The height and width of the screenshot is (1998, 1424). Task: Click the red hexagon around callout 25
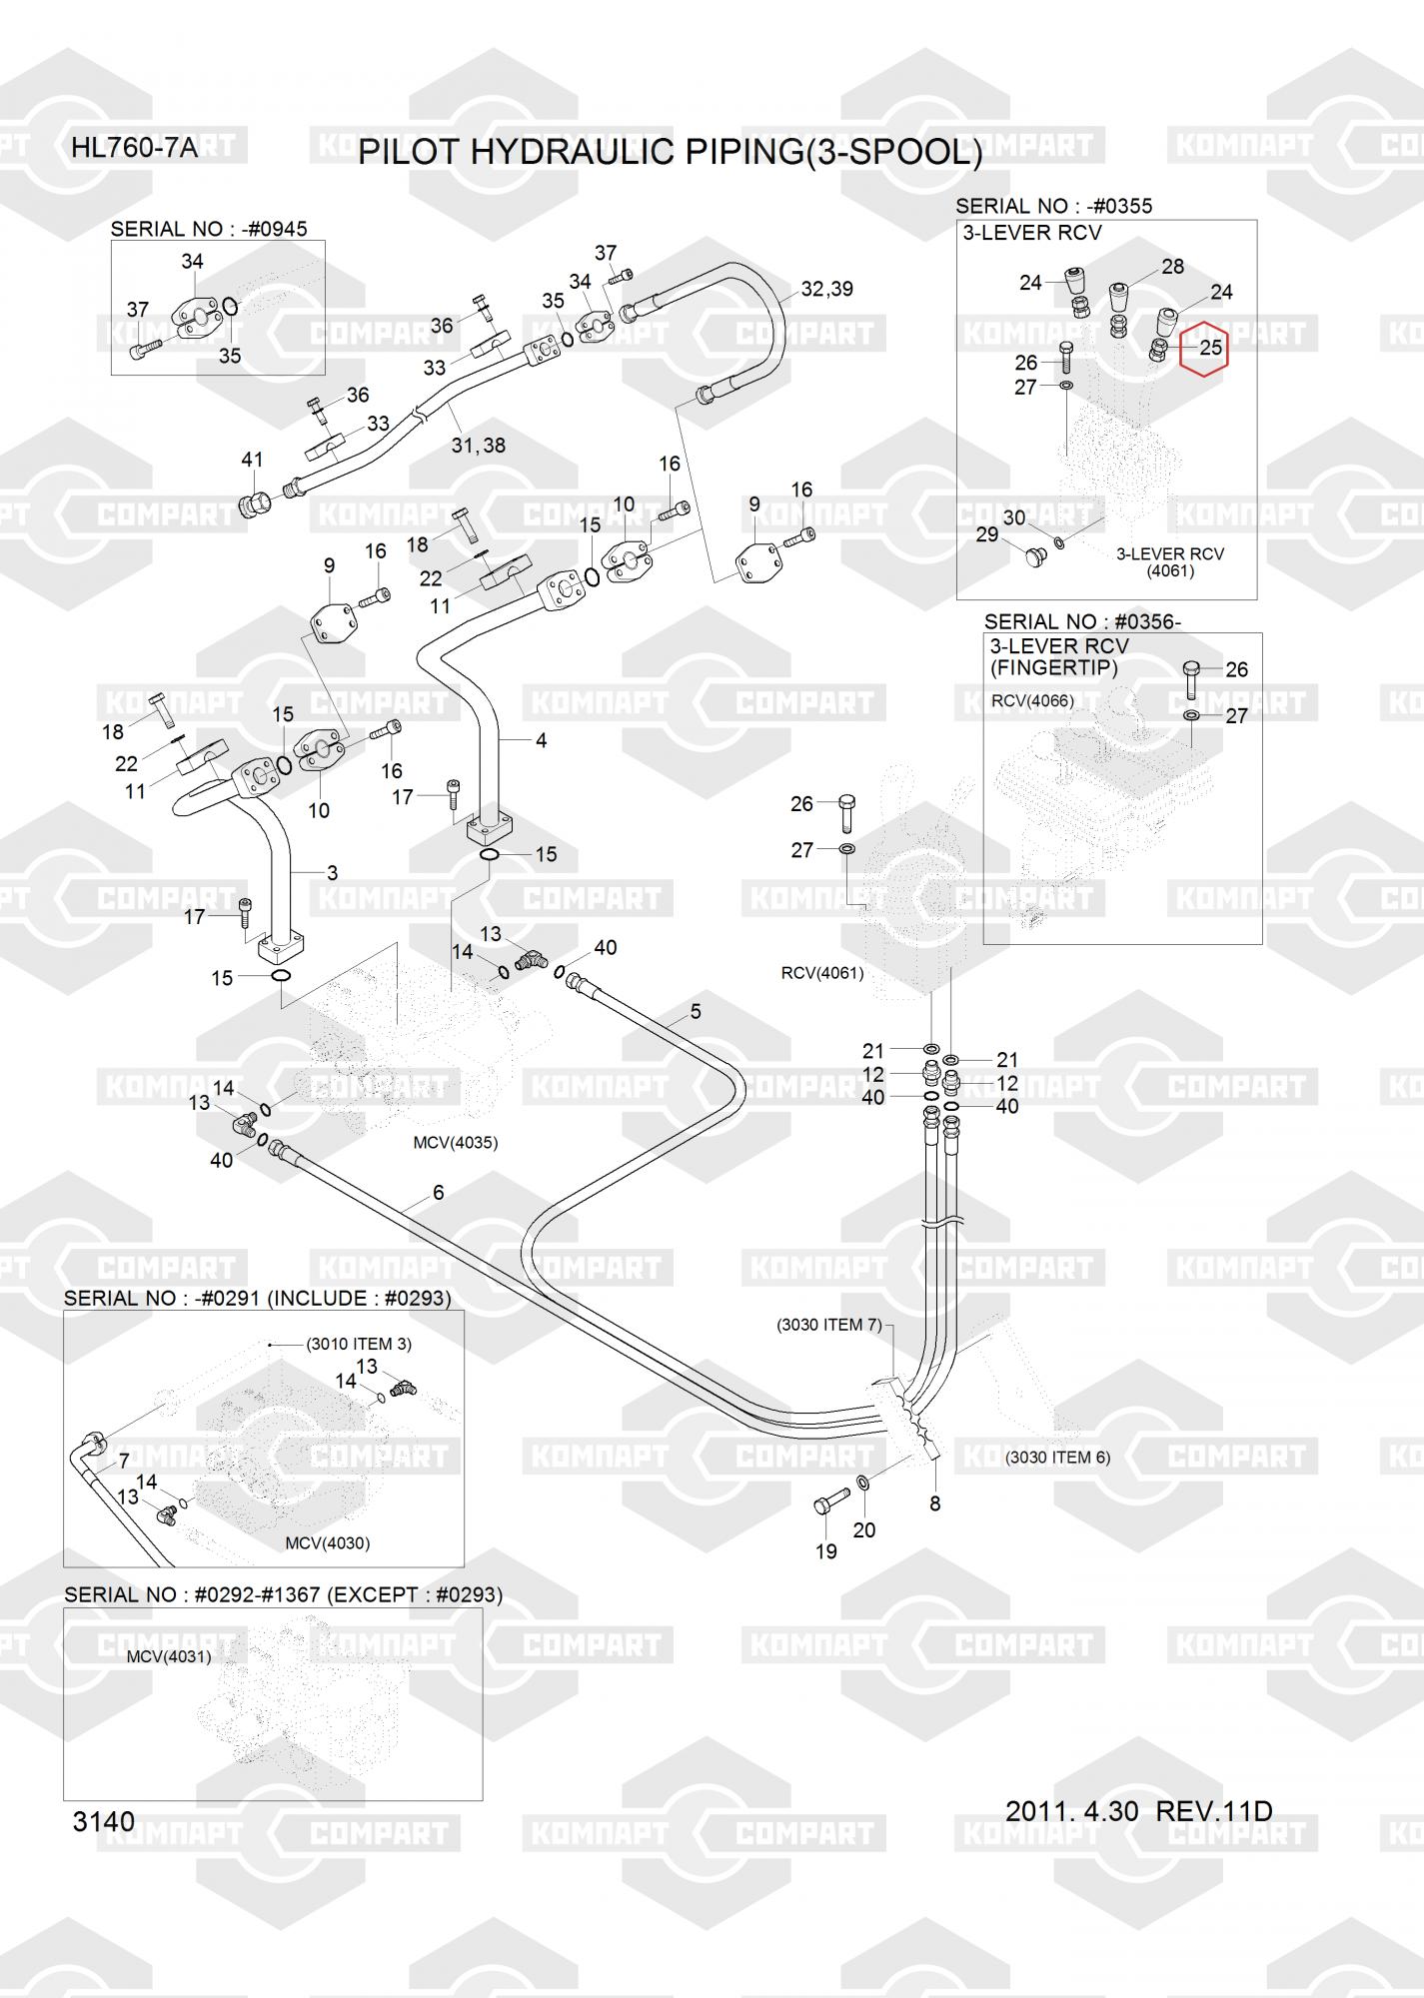1203,348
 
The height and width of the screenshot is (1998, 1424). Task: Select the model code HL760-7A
134,150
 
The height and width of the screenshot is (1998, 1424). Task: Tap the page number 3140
103,1822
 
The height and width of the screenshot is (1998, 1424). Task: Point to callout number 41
252,460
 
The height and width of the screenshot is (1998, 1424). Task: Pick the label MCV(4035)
455,1143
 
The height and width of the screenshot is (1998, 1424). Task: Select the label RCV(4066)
1032,701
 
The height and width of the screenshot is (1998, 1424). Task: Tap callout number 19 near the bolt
826,1551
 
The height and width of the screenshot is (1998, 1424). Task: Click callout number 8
934,1503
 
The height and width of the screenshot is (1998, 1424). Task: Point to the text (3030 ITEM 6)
1057,1458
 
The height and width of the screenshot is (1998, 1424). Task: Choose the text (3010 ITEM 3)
359,1344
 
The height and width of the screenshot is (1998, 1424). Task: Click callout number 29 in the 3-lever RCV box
986,534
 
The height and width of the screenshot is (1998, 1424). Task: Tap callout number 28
1172,267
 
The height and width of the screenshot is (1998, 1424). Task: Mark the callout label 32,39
826,290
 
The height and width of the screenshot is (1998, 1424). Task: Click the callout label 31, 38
478,446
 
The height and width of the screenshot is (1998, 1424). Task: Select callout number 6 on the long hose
438,1193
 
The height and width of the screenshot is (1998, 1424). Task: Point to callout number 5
696,1012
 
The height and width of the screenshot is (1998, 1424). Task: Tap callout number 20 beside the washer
864,1529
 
